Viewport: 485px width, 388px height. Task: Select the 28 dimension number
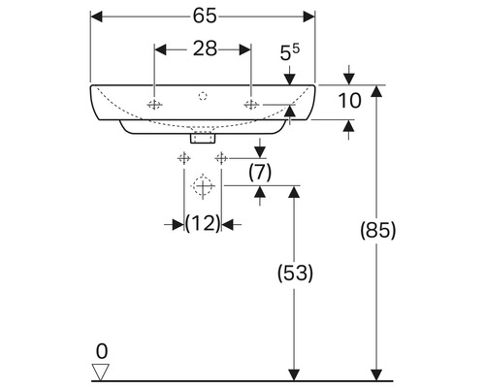coord(203,48)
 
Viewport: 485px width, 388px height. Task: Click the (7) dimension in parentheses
coord(259,172)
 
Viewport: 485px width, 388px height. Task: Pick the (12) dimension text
coord(203,224)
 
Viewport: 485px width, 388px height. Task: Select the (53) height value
coord(295,275)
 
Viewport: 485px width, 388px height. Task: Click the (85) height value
coord(377,231)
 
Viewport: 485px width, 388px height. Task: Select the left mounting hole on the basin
coord(154,104)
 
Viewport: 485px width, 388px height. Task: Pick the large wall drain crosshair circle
coord(203,185)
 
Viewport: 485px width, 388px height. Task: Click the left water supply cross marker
coord(183,157)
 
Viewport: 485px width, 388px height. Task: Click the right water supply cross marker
coord(222,157)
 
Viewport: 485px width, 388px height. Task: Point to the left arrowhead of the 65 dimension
coord(94,16)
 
